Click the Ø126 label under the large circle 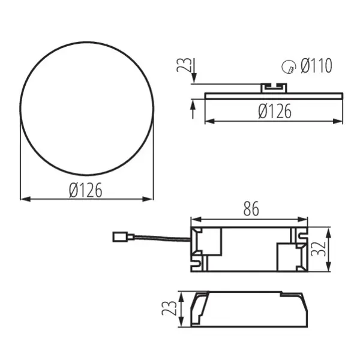(x=85, y=190)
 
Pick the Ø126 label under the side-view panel (x=275, y=112)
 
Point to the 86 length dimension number (x=250, y=209)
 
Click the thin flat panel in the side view (x=274, y=95)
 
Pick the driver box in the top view (x=249, y=250)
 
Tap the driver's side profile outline (x=249, y=310)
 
